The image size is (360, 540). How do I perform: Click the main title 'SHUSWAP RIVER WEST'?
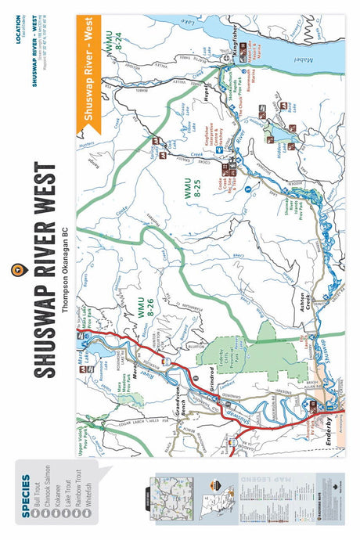(44, 271)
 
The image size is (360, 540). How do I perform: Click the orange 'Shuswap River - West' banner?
(83, 71)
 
